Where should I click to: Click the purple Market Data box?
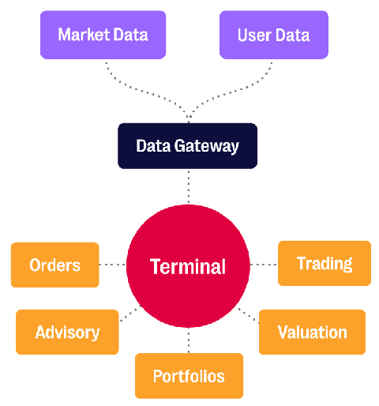[x=103, y=35]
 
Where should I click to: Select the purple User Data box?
[x=273, y=35]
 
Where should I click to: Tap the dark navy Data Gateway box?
[x=188, y=146]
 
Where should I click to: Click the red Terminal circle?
[x=188, y=266]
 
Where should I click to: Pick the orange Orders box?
[x=54, y=265]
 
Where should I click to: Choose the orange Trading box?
[x=324, y=263]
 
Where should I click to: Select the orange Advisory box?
[x=67, y=332]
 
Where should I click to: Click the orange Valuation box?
[x=312, y=332]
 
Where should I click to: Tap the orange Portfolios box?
[x=189, y=375]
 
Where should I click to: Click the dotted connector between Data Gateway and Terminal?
[x=188, y=186]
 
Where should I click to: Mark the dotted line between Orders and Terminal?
[x=112, y=265]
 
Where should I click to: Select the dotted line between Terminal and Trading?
[x=264, y=264]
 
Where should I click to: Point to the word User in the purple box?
[x=254, y=35]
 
